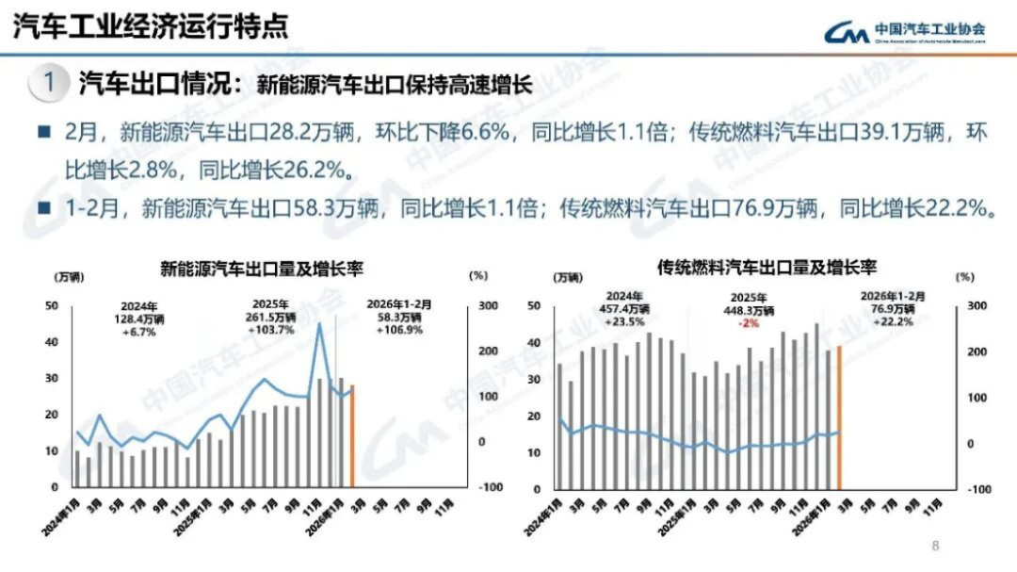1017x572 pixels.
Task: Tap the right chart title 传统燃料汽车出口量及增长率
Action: pyautogui.click(x=761, y=268)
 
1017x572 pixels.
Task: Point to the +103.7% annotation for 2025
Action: pyautogui.click(x=271, y=330)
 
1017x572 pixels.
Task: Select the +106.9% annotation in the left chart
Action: pyautogui.click(x=397, y=330)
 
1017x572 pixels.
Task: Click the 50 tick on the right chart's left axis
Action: pyautogui.click(x=534, y=306)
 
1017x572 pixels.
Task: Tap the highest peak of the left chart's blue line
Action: pyautogui.click(x=320, y=324)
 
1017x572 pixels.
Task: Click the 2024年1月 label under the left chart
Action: pyautogui.click(x=59, y=516)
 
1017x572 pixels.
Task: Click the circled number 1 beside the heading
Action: pyautogui.click(x=48, y=83)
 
